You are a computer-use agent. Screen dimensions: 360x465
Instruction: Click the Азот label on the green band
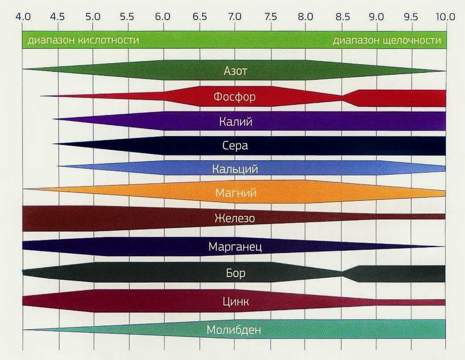pos(235,71)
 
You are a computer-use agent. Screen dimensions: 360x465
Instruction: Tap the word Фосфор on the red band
pos(235,96)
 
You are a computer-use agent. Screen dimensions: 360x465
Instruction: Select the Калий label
pos(235,121)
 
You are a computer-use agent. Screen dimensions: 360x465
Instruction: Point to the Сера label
pos(235,145)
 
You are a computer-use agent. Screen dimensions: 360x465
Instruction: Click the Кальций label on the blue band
pos(235,169)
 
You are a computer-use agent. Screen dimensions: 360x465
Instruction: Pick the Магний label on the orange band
pos(235,193)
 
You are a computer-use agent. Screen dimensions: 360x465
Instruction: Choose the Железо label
pos(235,219)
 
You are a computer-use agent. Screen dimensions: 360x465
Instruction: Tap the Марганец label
pos(235,247)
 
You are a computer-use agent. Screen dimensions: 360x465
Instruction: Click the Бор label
pos(235,273)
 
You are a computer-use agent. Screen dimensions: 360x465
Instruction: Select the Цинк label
pos(235,302)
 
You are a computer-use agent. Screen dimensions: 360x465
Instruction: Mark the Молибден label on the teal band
pos(234,330)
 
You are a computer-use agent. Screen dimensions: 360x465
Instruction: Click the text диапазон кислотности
pos(83,41)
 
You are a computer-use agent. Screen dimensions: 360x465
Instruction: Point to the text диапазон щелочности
pos(386,41)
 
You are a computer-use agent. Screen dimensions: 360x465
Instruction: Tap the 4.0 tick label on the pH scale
pos(23,17)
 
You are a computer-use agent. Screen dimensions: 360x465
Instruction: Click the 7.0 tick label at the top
pos(235,17)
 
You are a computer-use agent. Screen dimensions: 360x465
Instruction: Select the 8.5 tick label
pos(342,17)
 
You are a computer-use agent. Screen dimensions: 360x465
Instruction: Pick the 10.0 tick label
pos(445,17)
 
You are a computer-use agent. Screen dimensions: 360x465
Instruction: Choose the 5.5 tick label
pos(127,17)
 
